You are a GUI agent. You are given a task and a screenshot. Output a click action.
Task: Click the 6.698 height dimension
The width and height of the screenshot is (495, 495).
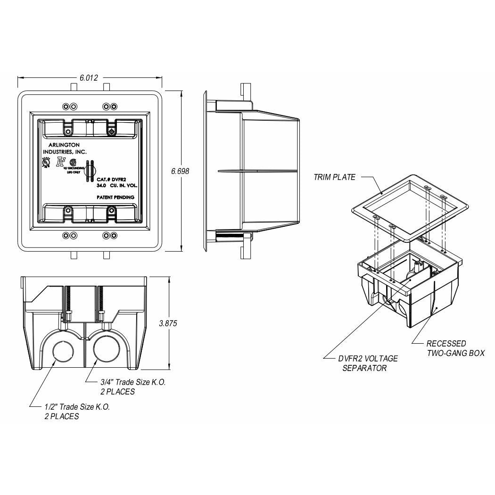[180, 172]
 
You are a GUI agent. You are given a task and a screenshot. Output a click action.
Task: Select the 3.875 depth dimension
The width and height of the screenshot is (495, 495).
[168, 324]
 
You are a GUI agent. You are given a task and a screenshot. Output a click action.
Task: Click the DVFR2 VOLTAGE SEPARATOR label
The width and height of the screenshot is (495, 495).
[368, 363]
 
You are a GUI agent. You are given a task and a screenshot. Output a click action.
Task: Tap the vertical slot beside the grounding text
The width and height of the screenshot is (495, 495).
[87, 172]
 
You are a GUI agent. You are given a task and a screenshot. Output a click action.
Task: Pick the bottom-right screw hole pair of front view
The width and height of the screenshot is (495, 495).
[109, 235]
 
